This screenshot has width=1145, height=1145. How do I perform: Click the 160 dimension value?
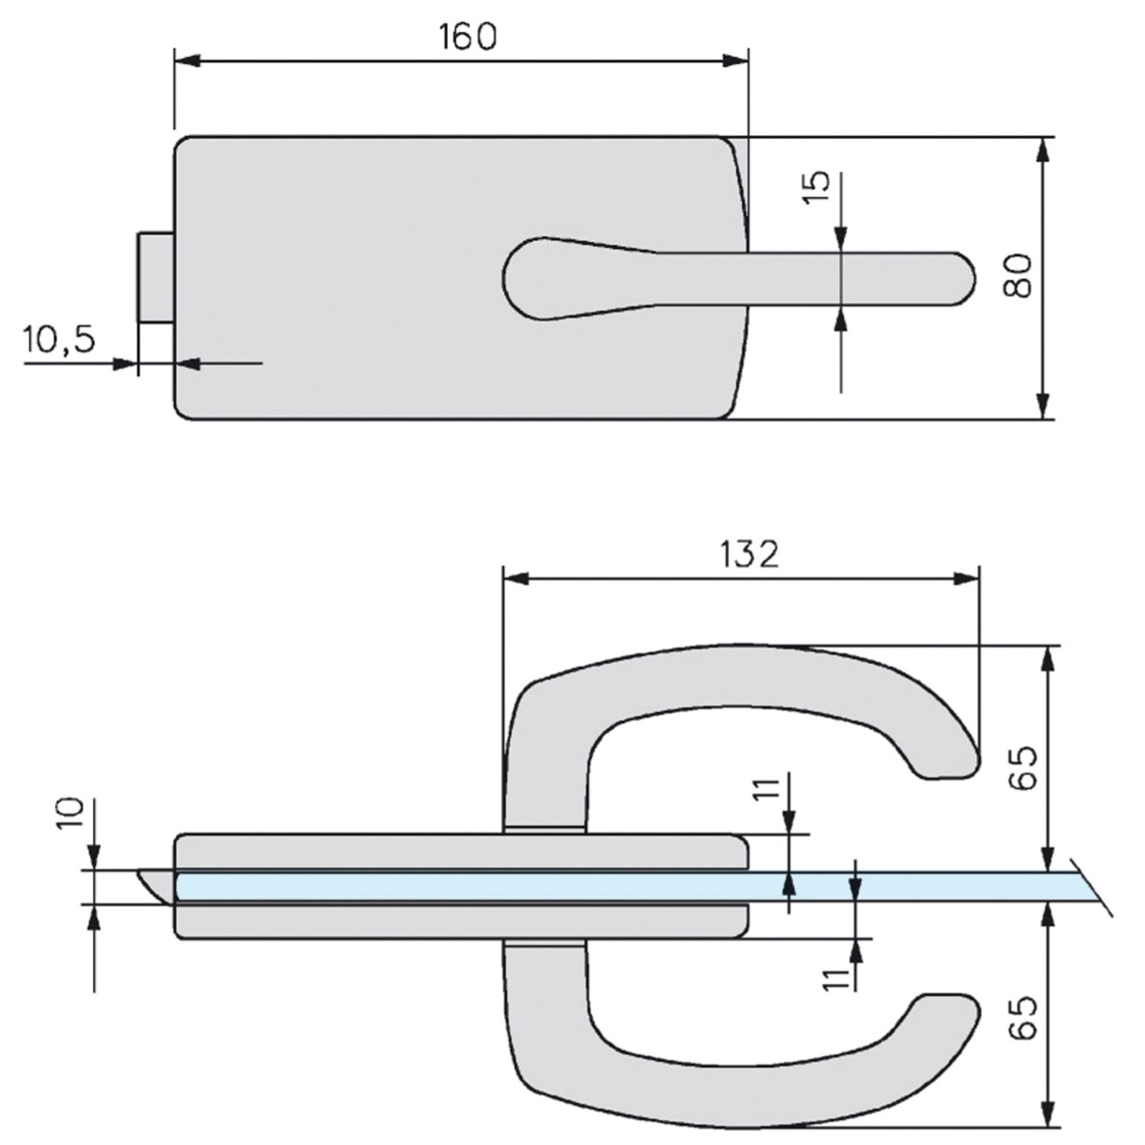[x=467, y=37]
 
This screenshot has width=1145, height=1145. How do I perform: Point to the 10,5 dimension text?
[x=60, y=338]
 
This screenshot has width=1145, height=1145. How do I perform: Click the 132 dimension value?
[x=749, y=555]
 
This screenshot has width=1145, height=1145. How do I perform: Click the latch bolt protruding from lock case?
[x=156, y=277]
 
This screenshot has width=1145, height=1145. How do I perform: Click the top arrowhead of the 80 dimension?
[x=1043, y=151]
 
